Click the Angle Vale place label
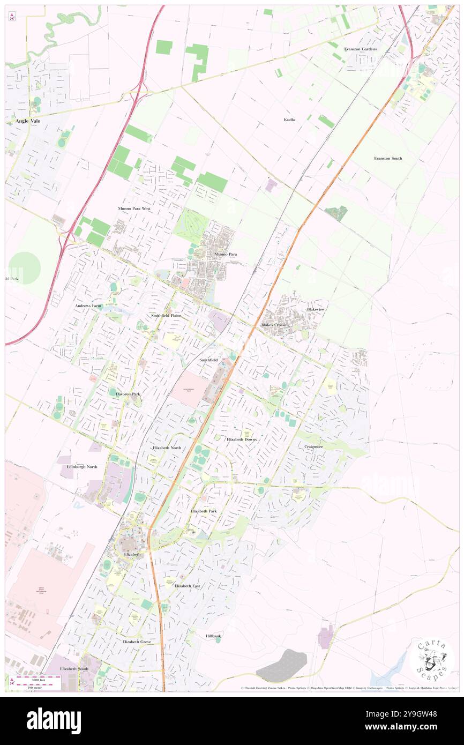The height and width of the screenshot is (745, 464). pos(28,121)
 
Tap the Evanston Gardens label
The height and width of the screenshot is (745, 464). pos(361,49)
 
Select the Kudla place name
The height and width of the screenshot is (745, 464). pos(289,120)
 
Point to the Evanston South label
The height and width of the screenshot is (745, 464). pos(388,158)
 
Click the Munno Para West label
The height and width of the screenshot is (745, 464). pos(134,208)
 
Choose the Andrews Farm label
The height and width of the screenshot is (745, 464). pos(88,306)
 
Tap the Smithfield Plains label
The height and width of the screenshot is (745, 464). pos(166,316)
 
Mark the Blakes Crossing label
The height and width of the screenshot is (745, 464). pos(275,325)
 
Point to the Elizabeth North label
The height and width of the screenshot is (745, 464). pos(167,447)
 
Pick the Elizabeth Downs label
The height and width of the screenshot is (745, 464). pos(242,439)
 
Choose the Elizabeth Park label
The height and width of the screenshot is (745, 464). pos(204,511)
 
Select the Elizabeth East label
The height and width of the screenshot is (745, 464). pos(187,586)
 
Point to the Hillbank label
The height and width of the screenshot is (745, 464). pos(213,636)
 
